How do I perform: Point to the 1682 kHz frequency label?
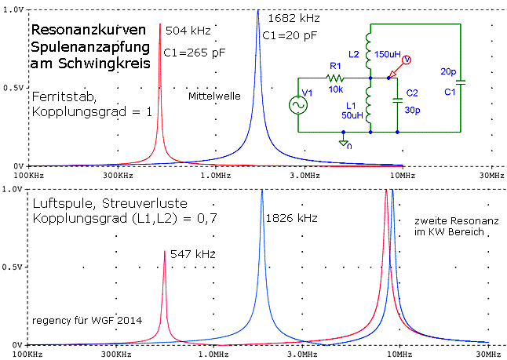point(294,17)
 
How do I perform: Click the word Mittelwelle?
point(213,96)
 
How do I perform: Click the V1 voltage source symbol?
point(299,105)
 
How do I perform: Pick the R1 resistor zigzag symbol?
point(335,78)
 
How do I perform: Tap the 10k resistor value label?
point(335,90)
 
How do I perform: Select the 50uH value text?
point(352,115)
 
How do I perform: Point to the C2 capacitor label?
point(412,92)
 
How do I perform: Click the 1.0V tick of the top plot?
point(13,9)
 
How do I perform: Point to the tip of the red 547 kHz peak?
point(165,251)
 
